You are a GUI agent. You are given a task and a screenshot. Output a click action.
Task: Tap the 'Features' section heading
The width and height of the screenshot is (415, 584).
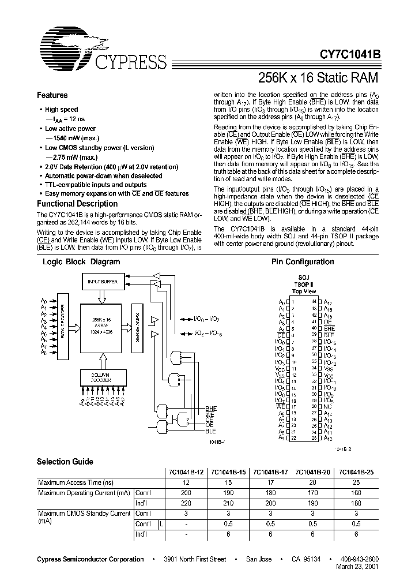pyautogui.click(x=52, y=96)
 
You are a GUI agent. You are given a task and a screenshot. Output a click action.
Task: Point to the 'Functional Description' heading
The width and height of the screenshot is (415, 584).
pyautogui.click(x=77, y=204)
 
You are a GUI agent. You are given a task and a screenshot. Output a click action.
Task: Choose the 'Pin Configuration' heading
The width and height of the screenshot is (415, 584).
pyautogui.click(x=303, y=262)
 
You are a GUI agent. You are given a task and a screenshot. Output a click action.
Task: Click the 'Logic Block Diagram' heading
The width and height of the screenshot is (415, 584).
pyautogui.click(x=82, y=262)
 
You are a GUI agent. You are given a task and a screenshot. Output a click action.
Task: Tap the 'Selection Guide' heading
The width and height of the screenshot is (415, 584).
pyautogui.click(x=65, y=462)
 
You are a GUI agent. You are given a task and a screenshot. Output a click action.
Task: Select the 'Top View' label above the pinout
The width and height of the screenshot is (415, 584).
pyautogui.click(x=305, y=292)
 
